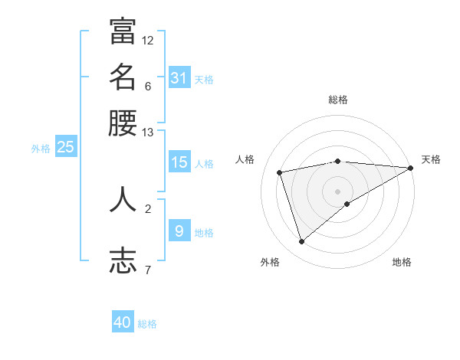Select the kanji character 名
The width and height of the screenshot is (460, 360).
[x=123, y=77]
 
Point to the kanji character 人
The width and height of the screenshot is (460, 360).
[x=123, y=199]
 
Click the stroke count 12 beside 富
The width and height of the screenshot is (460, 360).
[x=148, y=40]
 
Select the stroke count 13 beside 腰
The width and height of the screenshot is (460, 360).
[x=148, y=133]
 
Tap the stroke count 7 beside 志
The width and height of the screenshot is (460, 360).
[x=148, y=270]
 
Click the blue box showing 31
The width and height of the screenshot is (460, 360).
[x=179, y=77]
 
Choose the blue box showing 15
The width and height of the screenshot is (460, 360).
[x=179, y=162]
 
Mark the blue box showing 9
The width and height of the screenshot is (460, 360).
[x=179, y=231]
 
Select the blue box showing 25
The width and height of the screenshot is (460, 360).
[x=65, y=147]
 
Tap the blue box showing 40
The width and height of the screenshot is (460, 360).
[x=123, y=322]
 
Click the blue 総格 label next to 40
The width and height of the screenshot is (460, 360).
[x=148, y=324]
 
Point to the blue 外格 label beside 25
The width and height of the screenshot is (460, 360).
[x=41, y=149]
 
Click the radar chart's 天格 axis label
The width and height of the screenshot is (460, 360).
[x=431, y=159]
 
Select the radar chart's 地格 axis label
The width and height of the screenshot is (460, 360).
[x=402, y=263]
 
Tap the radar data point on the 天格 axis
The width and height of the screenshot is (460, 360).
[x=412, y=168]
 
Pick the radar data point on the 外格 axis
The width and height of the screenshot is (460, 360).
[x=301, y=242]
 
